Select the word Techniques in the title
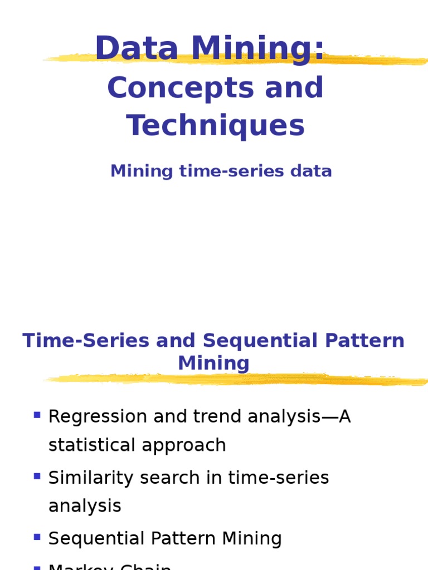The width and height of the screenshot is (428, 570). click(216, 125)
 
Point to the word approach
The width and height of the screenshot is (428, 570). click(188, 445)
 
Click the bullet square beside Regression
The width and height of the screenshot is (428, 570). click(37, 415)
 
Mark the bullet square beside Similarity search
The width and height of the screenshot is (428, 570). click(37, 476)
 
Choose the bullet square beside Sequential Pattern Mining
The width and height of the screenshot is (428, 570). click(37, 537)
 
